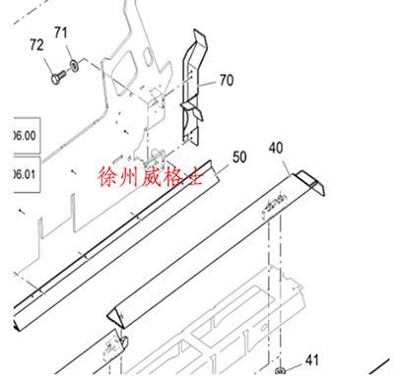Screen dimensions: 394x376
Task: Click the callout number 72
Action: tap(36, 45)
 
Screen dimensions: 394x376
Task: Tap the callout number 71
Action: tap(60, 34)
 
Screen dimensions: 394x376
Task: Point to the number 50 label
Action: tap(239, 157)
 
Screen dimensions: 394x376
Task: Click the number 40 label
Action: tap(276, 148)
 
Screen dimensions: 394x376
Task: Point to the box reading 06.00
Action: tap(21, 135)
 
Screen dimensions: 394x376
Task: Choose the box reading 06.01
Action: tap(21, 172)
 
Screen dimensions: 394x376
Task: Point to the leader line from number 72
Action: tap(45, 57)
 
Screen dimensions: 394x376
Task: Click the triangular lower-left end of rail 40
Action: tap(116, 315)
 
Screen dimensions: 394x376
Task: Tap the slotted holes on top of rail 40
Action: tap(274, 203)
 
